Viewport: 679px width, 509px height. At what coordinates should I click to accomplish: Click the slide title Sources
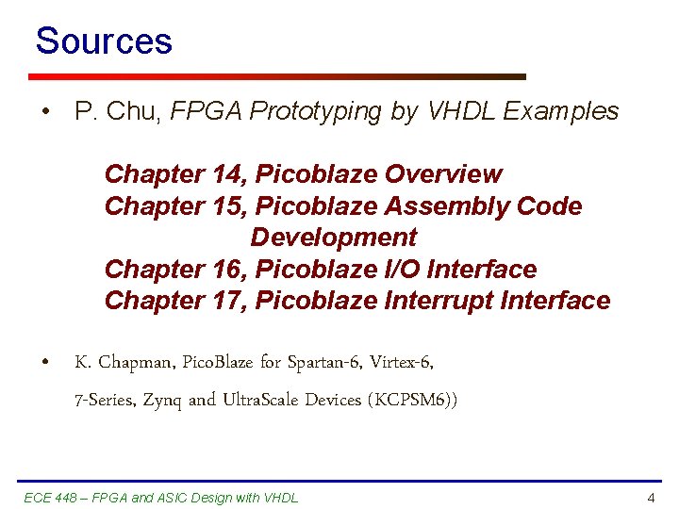[x=104, y=41]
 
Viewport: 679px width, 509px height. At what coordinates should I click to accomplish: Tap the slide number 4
[x=651, y=498]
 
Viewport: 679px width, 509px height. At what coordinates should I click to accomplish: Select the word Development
[x=333, y=238]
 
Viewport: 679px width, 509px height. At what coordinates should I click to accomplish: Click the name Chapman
[x=136, y=362]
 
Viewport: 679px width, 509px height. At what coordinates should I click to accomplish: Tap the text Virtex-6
[x=402, y=362]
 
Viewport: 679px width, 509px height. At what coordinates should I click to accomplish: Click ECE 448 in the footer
[x=52, y=498]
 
